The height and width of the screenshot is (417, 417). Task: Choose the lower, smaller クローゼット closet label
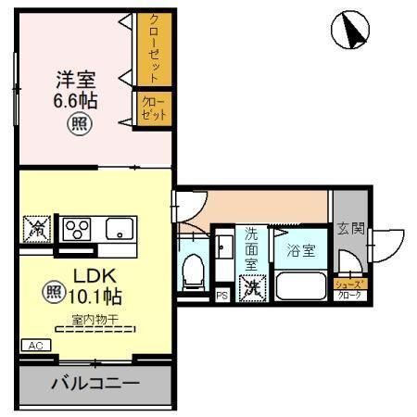(153, 108)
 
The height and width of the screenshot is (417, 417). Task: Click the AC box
(36, 345)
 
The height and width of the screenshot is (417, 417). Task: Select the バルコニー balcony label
(95, 384)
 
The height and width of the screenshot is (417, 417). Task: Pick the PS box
(221, 296)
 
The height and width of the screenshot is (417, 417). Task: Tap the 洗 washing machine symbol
(251, 288)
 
